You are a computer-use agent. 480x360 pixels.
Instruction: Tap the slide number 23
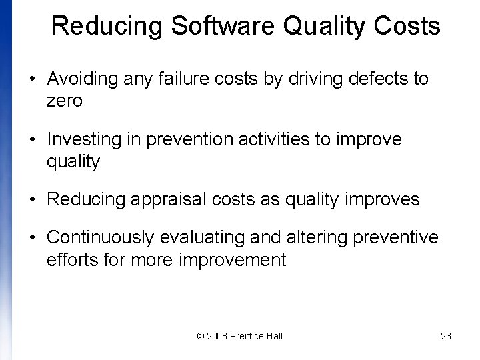[446, 336]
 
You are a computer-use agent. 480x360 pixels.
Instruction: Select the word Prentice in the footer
[249, 336]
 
